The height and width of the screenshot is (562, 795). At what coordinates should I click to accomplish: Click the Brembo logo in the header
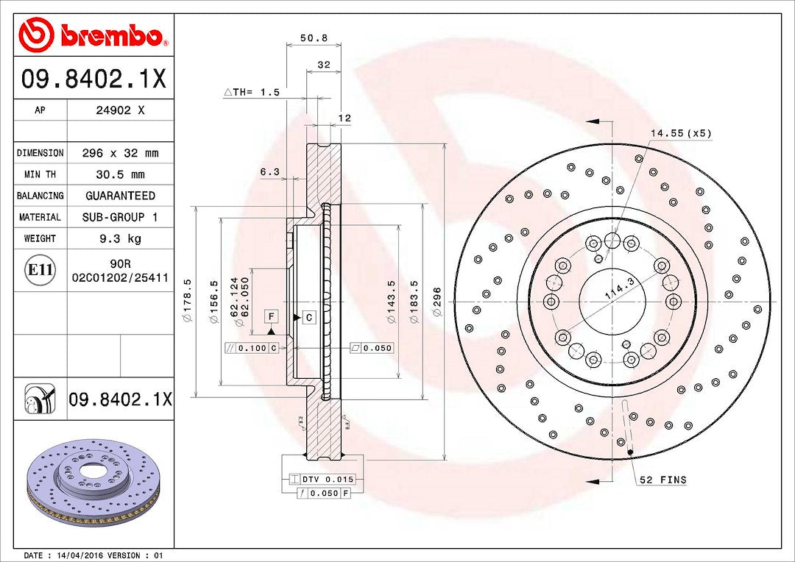click(x=93, y=35)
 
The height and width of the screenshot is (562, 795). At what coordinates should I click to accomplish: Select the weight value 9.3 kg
click(x=120, y=238)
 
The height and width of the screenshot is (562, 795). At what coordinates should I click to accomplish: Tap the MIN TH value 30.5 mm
click(x=120, y=174)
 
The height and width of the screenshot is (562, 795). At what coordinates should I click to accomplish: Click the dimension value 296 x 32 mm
click(x=120, y=153)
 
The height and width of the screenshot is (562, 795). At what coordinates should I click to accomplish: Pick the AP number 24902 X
click(x=120, y=110)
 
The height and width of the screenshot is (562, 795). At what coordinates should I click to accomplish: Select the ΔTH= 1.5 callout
click(x=252, y=92)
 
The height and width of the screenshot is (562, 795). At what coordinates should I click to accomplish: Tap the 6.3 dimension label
click(x=269, y=172)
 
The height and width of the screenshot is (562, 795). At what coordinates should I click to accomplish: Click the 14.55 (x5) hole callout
click(x=680, y=133)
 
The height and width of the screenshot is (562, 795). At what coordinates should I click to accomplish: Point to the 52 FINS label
click(x=662, y=480)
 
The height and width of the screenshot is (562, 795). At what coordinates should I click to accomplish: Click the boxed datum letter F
click(x=272, y=316)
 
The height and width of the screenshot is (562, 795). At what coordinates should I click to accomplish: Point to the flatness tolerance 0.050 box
click(x=372, y=348)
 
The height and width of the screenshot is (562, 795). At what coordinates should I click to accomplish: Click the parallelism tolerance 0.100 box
click(x=252, y=348)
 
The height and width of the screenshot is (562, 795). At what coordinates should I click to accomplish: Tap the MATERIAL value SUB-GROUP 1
click(x=120, y=217)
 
